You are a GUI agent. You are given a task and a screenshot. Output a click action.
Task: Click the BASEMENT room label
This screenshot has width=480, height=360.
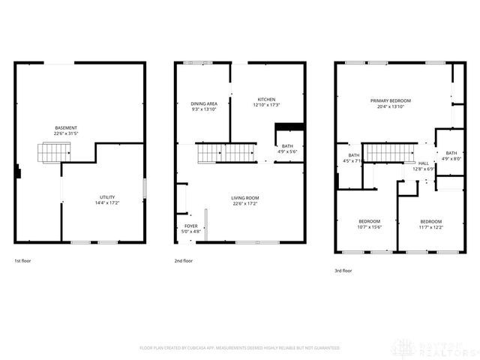point(65,127)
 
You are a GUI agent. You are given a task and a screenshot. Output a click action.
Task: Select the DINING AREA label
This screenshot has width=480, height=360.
point(203,103)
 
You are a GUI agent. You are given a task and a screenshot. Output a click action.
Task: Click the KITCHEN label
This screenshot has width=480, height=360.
point(266,99)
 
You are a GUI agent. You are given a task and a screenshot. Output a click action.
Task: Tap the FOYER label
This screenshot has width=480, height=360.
point(191,226)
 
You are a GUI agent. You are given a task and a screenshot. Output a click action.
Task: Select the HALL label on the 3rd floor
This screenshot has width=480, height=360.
point(424,163)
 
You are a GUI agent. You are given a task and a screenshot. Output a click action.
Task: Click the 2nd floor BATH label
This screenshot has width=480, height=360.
point(287,145)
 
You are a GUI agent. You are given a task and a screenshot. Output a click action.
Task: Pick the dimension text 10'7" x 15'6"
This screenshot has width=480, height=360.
point(369,227)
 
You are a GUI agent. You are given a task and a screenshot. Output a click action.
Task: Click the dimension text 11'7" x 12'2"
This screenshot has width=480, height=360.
point(430,227)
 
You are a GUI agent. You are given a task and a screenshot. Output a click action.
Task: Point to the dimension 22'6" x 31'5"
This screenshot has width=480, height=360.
point(65,134)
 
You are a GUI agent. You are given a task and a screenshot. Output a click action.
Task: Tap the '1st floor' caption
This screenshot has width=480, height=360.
point(23,261)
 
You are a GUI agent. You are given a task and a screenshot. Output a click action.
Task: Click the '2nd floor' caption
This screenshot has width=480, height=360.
point(184,261)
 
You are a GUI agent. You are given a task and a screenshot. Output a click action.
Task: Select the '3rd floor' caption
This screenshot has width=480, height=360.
point(343,271)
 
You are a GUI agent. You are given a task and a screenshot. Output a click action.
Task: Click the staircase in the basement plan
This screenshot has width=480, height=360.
point(55,153)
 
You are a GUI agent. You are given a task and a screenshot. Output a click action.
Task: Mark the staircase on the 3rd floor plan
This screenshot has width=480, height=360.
point(389,154)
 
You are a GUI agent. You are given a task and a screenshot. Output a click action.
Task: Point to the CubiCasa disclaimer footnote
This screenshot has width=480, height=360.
point(240,347)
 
